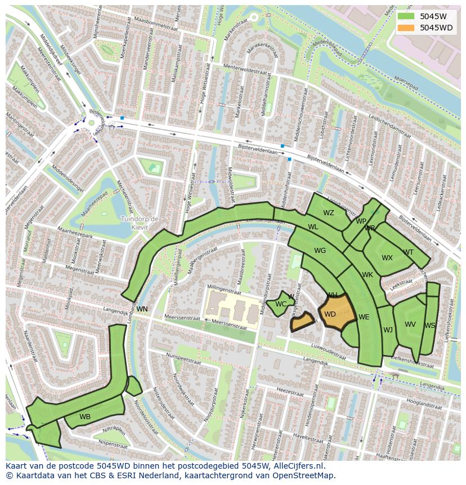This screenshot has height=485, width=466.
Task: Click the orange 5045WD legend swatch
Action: (405, 28)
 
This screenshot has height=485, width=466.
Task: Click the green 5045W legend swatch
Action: (405, 16)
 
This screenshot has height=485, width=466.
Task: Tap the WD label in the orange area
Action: (330, 314)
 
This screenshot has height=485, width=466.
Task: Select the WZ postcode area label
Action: (329, 213)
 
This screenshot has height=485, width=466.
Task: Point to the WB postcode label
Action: (85, 417)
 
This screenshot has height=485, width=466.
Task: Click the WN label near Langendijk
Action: (142, 309)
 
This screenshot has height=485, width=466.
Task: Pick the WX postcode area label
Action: (387, 258)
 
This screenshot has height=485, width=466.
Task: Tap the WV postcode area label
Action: (410, 324)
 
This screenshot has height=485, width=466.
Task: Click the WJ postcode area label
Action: (388, 330)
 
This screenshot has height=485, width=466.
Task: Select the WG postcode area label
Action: (320, 251)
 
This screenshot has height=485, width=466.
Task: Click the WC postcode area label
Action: (281, 304)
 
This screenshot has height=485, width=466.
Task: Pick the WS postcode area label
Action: (430, 326)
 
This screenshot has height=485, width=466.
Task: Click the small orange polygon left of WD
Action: (302, 322)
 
